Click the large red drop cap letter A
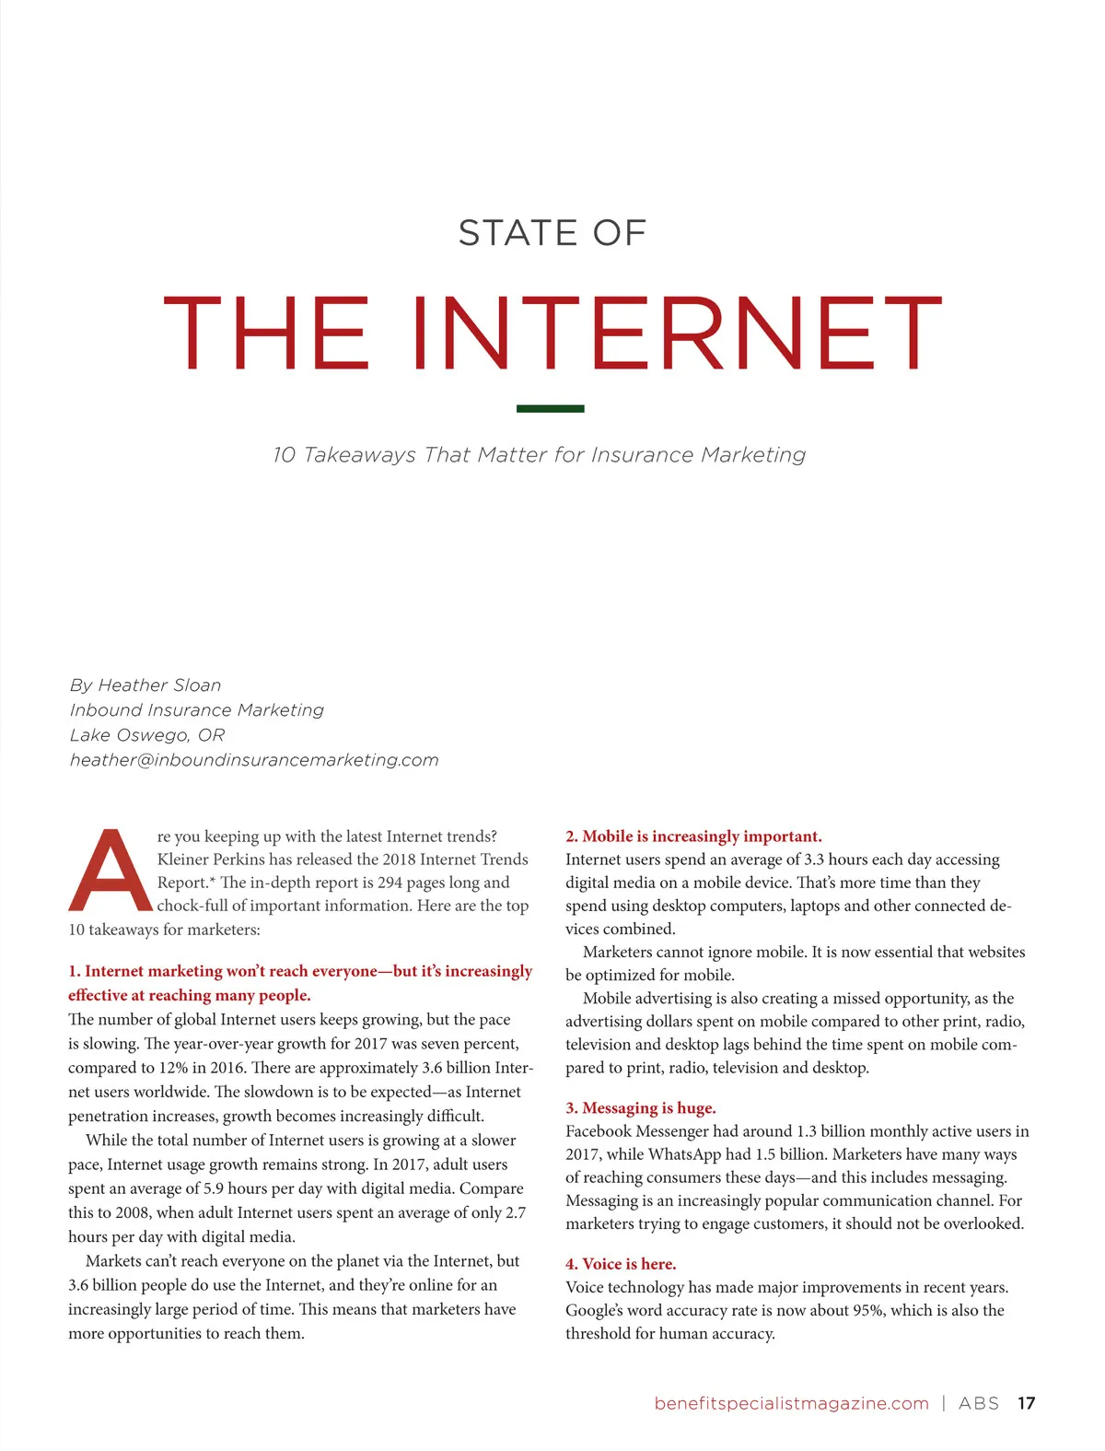[x=110, y=870]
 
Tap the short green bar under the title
[x=550, y=408]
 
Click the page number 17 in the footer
[x=1026, y=1403]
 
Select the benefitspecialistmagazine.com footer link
[x=791, y=1403]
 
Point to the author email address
[x=254, y=760]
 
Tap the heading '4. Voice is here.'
[x=621, y=1264]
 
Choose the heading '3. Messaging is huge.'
[x=640, y=1107]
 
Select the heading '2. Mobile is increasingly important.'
[x=693, y=837]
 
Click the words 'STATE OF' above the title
[x=552, y=233]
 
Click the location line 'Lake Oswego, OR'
[x=147, y=735]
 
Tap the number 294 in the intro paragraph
[x=390, y=883]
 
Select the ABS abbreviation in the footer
[x=978, y=1403]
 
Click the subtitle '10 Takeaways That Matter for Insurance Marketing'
[x=540, y=455]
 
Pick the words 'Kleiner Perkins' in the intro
[x=210, y=860]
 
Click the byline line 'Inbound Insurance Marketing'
[x=197, y=710]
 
